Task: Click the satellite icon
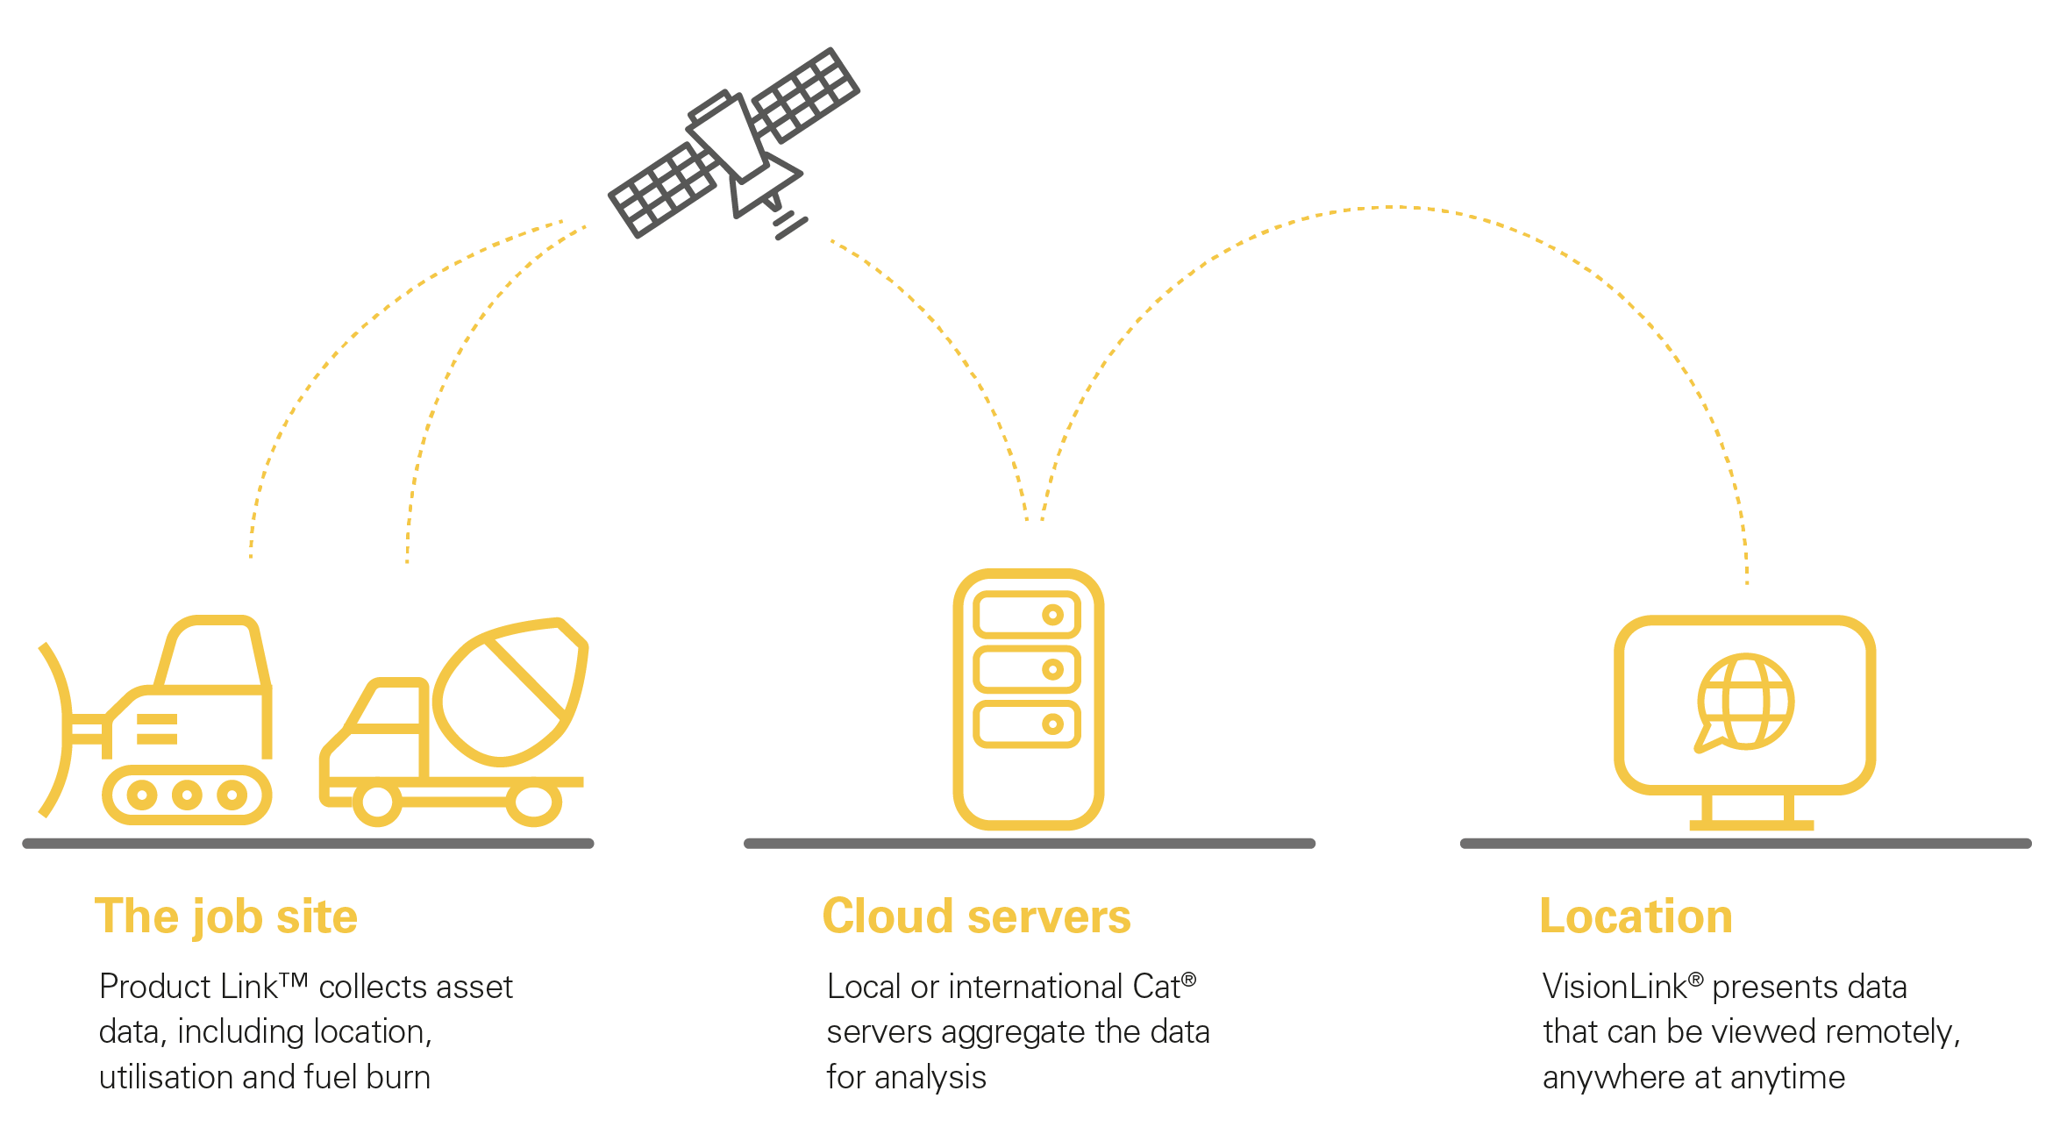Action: coord(735,142)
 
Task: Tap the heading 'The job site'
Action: coord(226,917)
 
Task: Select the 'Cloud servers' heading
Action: coord(976,917)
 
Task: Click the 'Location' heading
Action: coord(1636,917)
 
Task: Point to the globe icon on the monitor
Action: coord(1745,702)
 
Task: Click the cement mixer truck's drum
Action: coord(509,693)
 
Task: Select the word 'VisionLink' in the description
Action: coord(1615,988)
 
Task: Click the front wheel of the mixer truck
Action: coord(377,802)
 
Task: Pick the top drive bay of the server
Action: coord(1027,615)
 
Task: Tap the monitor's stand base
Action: coord(1750,824)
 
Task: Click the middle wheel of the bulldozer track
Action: coord(187,795)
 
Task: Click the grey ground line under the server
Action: coord(1029,844)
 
